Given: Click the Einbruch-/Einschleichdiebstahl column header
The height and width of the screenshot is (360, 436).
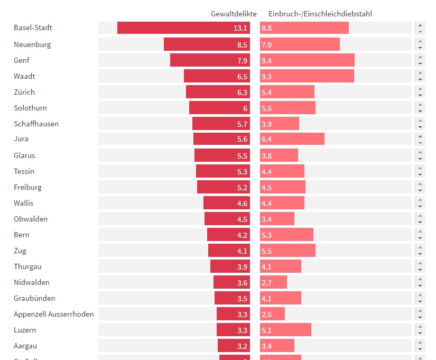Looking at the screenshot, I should [320, 14].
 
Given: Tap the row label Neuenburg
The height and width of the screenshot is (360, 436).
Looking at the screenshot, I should [32, 44].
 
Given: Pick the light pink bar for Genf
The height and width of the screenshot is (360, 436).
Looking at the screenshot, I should [307, 60].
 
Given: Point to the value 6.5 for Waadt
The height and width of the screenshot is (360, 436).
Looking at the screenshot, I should [242, 77].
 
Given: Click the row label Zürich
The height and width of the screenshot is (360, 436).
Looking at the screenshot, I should [24, 92].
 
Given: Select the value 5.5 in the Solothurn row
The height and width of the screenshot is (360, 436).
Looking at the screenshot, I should [266, 108].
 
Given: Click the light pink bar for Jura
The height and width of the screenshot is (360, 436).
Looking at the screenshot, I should [292, 139].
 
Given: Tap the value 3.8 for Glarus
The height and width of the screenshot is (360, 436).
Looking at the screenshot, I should [266, 156].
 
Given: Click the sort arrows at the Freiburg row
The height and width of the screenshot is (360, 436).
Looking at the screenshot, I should [420, 187].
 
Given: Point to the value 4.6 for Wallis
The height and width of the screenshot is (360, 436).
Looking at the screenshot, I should [242, 204].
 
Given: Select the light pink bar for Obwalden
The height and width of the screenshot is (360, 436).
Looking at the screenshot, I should [277, 219].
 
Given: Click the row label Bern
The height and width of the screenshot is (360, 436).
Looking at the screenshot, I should [22, 235].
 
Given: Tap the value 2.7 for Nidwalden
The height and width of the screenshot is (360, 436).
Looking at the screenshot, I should [266, 283].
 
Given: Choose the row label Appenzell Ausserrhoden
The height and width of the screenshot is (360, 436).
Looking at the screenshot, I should [54, 314].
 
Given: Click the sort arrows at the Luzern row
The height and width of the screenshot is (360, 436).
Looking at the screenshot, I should [420, 330].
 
